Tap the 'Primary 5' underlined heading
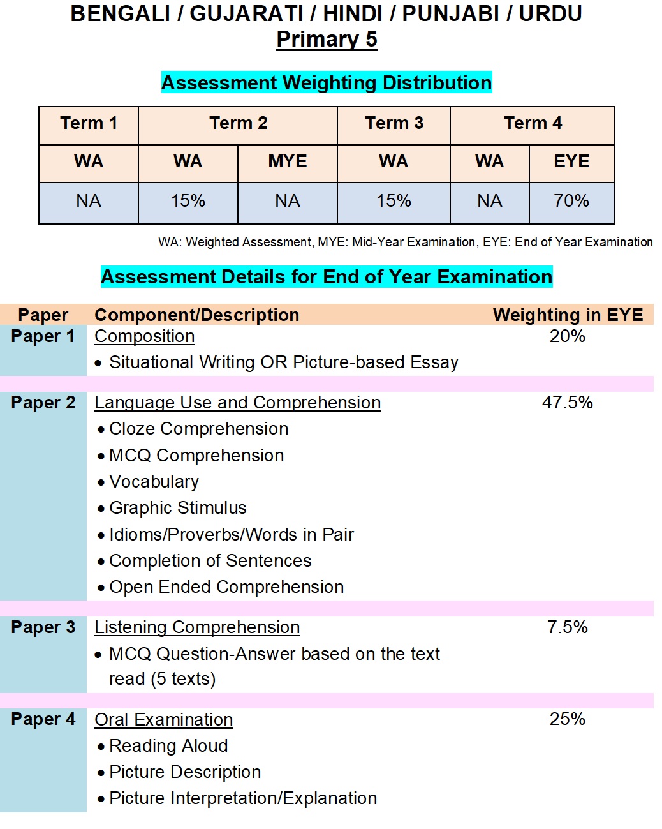pyautogui.click(x=327, y=40)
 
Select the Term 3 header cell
pyautogui.click(x=394, y=123)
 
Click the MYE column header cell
pyautogui.click(x=287, y=161)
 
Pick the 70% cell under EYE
pyautogui.click(x=571, y=201)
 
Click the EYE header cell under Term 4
pyautogui.click(x=571, y=161)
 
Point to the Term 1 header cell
pyautogui.click(x=89, y=123)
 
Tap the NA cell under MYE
pyautogui.click(x=287, y=201)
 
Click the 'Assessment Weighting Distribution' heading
pyautogui.click(x=327, y=83)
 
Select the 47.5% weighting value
pyautogui.click(x=567, y=403)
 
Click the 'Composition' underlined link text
pyautogui.click(x=145, y=336)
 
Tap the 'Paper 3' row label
pyautogui.click(x=43, y=627)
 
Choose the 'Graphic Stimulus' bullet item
pyautogui.click(x=177, y=508)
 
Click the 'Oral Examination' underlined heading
pyautogui.click(x=164, y=720)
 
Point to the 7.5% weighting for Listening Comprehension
pyautogui.click(x=567, y=627)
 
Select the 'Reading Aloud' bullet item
pyautogui.click(x=168, y=746)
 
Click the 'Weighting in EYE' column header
pyautogui.click(x=568, y=315)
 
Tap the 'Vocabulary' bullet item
pyautogui.click(x=154, y=482)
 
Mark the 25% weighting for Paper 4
pyautogui.click(x=567, y=719)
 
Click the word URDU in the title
pyautogui.click(x=550, y=13)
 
